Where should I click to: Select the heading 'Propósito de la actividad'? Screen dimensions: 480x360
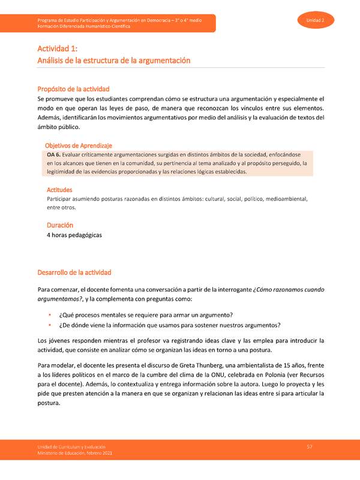click(x=82, y=89)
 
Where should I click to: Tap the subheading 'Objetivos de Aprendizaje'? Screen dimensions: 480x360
click(x=79, y=146)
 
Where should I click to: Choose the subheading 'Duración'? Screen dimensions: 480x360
click(x=60, y=225)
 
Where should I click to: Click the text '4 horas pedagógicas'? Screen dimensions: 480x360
click(x=74, y=235)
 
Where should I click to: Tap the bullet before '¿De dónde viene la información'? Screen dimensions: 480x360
click(x=49, y=326)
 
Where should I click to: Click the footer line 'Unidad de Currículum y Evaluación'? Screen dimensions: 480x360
click(x=71, y=448)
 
